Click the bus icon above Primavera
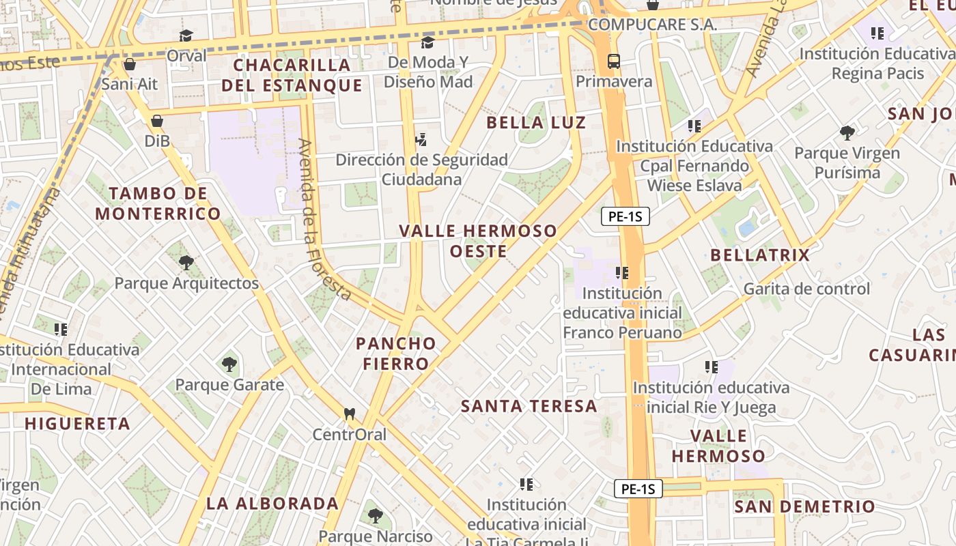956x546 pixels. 614,61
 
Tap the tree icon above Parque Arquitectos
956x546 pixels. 186,262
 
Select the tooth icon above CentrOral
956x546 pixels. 350,414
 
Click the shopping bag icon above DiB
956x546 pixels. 157,121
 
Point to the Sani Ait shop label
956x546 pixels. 129,84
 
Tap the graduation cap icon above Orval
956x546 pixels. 186,35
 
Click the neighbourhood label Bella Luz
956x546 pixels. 535,123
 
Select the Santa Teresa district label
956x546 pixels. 529,406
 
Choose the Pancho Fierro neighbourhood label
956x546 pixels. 395,353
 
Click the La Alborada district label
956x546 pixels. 272,504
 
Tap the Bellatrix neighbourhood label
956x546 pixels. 759,255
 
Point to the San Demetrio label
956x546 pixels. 804,506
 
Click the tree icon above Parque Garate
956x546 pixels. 229,363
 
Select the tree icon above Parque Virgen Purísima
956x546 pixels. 847,132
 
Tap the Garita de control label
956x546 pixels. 806,289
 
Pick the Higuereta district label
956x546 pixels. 77,423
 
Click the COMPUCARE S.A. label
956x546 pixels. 651,25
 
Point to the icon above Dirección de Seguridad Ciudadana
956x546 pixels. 421,139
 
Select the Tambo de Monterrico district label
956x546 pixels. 158,203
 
